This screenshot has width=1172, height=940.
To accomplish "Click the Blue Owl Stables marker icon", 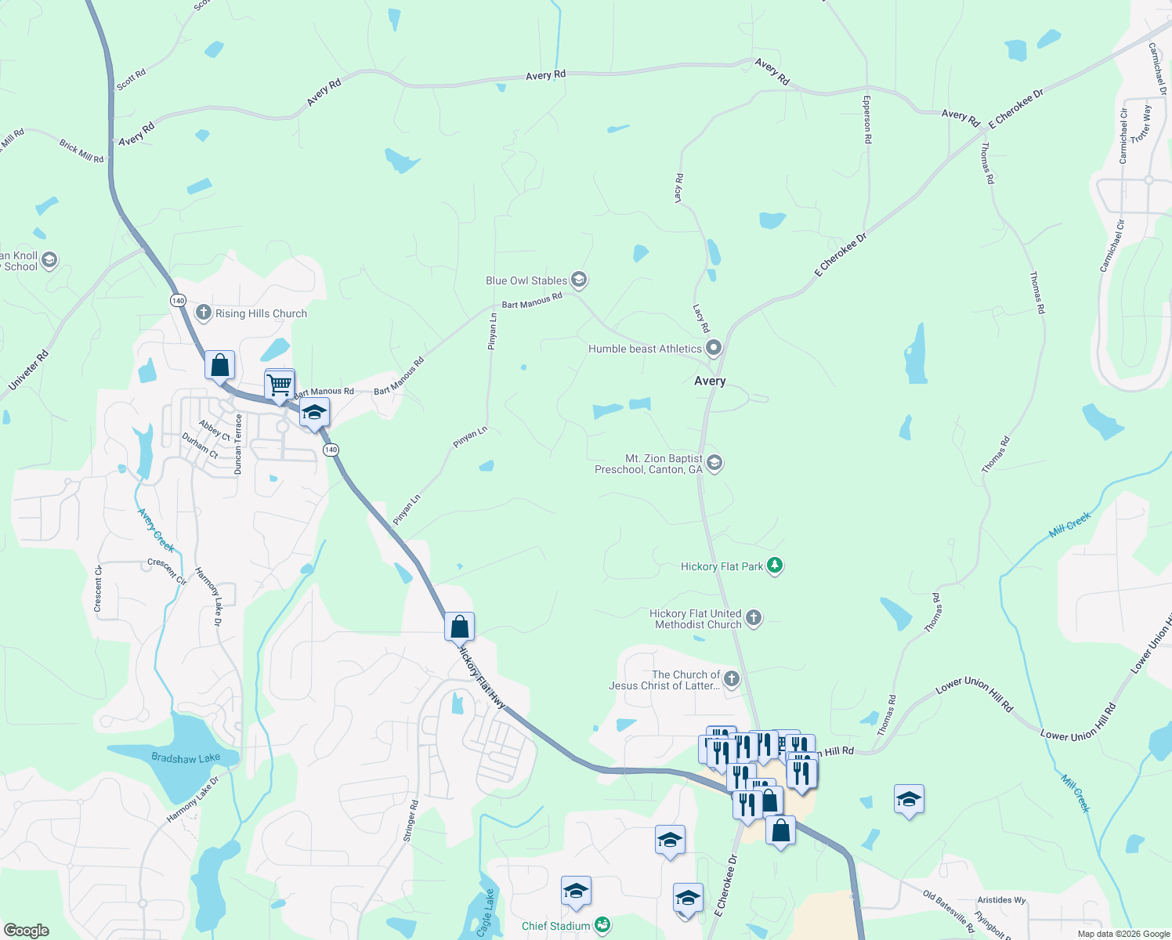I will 579,280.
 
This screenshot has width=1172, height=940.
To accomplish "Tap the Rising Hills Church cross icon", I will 204,313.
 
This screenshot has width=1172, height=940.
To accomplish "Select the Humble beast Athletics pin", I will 713,348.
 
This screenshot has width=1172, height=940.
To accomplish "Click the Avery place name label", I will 710,381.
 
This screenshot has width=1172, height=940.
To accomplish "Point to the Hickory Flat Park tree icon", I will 775,566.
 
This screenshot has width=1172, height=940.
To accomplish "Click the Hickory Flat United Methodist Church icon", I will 753,618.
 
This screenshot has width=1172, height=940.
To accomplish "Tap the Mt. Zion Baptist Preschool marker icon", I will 714,463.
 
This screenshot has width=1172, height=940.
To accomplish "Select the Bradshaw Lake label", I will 186,758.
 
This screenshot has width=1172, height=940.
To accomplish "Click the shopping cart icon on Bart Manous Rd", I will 280,385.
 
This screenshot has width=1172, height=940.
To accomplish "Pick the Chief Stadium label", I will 556,926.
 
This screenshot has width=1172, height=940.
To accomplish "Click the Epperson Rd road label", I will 867,119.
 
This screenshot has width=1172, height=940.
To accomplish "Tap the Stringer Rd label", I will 411,821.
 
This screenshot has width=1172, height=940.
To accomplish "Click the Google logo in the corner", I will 26,931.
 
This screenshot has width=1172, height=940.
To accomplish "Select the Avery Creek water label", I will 156,530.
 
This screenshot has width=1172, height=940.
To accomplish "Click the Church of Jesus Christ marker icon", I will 732,678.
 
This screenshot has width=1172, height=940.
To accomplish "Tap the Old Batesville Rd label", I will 948,911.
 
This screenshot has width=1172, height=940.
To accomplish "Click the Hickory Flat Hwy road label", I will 481,678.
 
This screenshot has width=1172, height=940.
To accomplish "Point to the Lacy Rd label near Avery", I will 701,318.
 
